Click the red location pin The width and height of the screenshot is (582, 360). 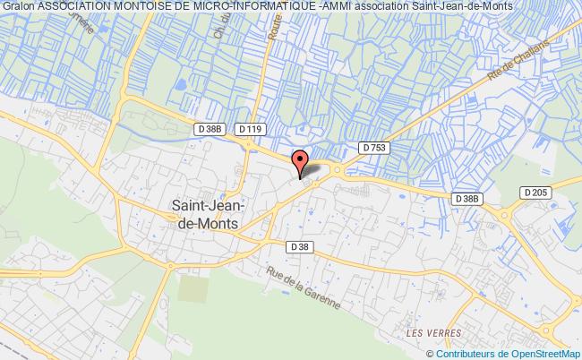pos(300,161)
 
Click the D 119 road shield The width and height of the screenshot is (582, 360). pos(251,131)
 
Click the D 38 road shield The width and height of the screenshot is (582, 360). pos(299,245)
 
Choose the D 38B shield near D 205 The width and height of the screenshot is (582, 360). pos(467,198)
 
